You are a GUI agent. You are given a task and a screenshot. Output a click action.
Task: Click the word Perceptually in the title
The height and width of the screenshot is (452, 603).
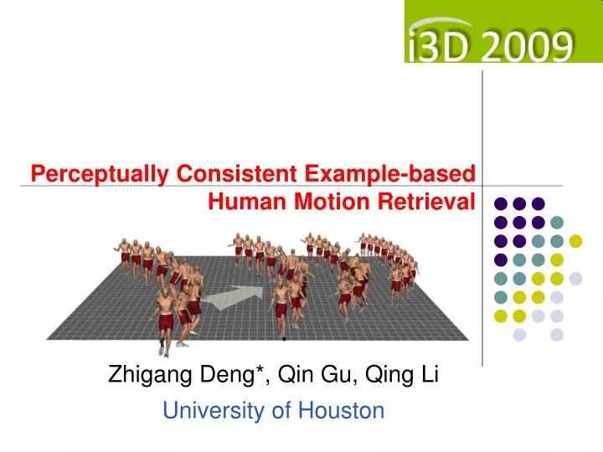100,174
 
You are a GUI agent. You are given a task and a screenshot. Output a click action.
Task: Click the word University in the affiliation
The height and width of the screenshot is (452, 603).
211,411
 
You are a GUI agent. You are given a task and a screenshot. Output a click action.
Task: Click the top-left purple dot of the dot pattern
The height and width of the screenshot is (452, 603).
500,203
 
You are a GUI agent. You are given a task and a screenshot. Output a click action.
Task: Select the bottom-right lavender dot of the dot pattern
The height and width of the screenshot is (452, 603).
557,335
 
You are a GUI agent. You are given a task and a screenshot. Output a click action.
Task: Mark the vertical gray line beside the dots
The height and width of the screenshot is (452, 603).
483,218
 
